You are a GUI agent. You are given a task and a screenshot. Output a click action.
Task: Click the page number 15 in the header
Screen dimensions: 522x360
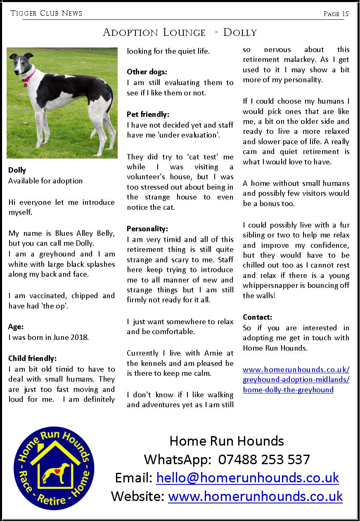(345, 14)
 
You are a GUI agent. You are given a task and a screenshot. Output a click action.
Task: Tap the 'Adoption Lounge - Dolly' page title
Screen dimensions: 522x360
(180, 33)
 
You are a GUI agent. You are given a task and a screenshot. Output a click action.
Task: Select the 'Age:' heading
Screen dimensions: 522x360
(16, 327)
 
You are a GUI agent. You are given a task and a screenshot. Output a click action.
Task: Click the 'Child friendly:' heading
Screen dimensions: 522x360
(32, 358)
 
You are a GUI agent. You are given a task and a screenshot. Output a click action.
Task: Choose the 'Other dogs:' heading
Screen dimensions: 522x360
(147, 72)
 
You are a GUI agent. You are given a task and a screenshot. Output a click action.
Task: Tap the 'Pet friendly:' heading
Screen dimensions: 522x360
(148, 114)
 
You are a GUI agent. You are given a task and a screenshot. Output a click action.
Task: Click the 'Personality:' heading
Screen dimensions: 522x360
(147, 229)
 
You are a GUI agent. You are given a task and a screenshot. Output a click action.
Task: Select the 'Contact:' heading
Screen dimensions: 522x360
(257, 317)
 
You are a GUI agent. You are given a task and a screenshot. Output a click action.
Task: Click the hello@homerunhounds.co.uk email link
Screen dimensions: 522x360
(248, 478)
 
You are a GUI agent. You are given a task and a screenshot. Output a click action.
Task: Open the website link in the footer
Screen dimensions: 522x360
(255, 496)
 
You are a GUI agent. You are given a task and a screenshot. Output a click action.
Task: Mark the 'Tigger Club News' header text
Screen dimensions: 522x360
(46, 13)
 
